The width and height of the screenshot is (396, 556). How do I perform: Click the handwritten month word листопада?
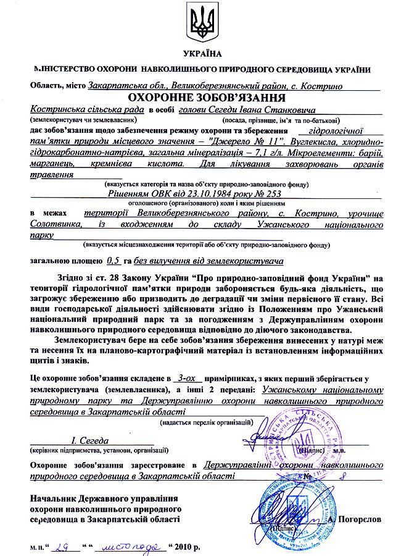tap(130, 547)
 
